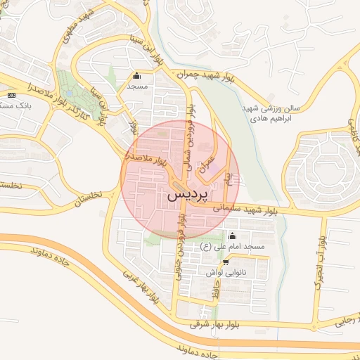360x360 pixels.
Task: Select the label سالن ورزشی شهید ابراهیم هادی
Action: point(276,114)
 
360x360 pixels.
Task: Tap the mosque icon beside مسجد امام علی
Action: point(233,236)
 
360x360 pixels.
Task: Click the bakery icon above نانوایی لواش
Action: point(225,262)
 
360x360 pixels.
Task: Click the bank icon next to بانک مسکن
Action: point(11,95)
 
